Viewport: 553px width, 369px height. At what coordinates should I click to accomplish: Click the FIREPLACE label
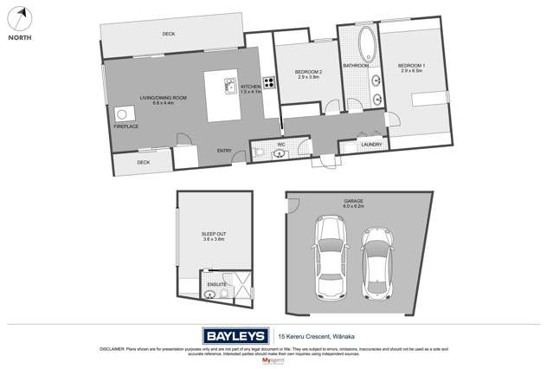pos(125,126)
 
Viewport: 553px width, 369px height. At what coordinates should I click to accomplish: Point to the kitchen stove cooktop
pos(270,84)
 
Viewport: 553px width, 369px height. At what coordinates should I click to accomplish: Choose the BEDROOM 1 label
pos(411,68)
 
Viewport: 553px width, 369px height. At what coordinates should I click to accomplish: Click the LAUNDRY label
pos(371,145)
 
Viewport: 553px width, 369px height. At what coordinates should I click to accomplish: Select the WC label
pos(281,145)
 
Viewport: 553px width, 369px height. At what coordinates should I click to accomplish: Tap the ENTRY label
pos(224,152)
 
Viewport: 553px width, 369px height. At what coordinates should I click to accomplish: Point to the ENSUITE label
pos(217,284)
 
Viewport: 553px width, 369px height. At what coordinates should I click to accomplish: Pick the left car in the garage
pos(331,256)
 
